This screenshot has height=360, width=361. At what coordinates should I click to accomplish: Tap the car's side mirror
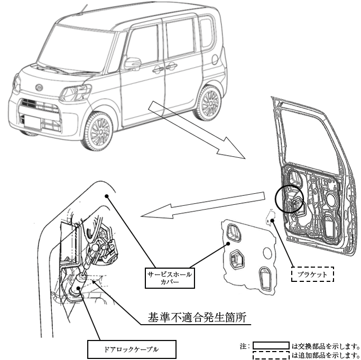(x=133, y=63)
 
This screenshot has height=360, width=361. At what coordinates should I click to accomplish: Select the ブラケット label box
(x=312, y=274)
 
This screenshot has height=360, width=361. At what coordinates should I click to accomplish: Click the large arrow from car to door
(x=198, y=130)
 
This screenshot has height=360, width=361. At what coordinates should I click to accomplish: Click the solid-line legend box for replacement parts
(x=271, y=346)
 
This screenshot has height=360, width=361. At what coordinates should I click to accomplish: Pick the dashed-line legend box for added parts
(x=271, y=355)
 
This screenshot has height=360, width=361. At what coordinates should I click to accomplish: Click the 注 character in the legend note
(x=243, y=346)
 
